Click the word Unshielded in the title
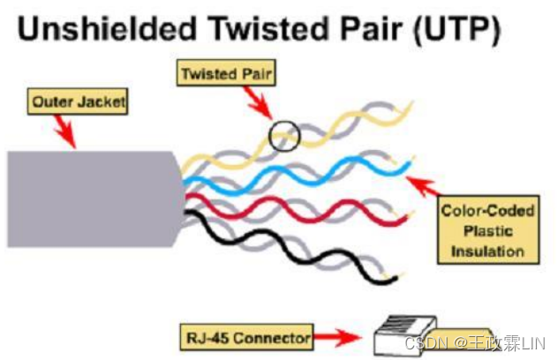pyautogui.click(x=104, y=31)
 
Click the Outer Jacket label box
pyautogui.click(x=79, y=103)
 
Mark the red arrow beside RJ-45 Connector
pyautogui.click(x=339, y=337)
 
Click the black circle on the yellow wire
pyautogui.click(x=285, y=137)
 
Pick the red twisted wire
pyautogui.click(x=291, y=207)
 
